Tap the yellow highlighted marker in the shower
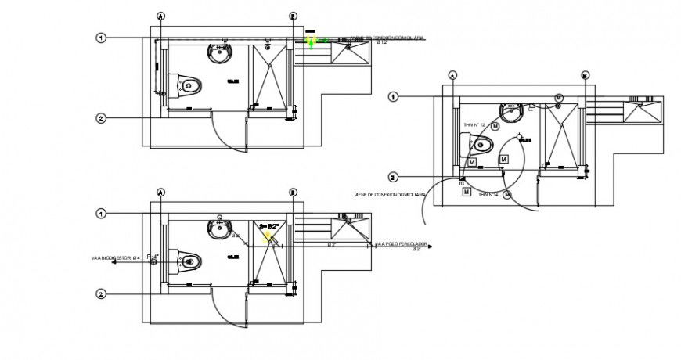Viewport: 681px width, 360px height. click(x=268, y=233)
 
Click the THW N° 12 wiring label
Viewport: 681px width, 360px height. click(x=474, y=125)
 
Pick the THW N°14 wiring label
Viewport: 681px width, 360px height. click(x=488, y=193)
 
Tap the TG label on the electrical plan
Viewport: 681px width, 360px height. click(x=462, y=183)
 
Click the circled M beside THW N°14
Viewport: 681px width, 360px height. click(x=509, y=195)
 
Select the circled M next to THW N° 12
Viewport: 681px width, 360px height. click(x=495, y=127)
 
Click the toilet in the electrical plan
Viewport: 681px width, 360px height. click(x=480, y=144)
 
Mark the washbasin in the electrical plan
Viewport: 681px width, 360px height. click(x=511, y=112)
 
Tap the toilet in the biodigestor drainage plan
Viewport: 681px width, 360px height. click(x=189, y=260)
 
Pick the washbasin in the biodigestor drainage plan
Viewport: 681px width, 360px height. click(x=220, y=229)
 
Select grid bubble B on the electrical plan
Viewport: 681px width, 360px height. click(x=585, y=75)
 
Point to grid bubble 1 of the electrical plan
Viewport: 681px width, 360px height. click(x=394, y=96)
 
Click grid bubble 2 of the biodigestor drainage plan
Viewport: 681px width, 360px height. click(x=102, y=294)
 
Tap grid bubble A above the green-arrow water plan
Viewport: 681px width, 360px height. click(x=160, y=16)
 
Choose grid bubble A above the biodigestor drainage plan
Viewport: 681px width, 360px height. click(x=160, y=192)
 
